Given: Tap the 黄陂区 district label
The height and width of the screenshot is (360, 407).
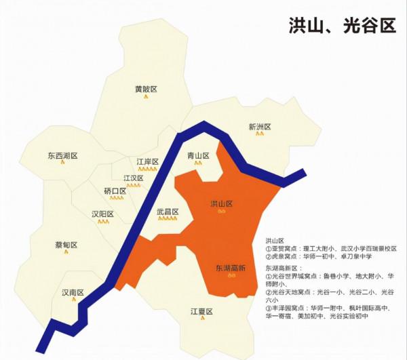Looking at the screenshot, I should click(x=146, y=89).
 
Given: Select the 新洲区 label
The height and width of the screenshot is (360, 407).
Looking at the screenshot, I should click(x=260, y=126).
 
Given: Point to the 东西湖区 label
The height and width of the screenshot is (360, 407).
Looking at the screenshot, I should click(x=62, y=156).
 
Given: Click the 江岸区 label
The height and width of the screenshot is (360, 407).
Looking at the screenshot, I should click(x=147, y=162).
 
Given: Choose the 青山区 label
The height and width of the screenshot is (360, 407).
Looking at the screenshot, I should click(x=199, y=156).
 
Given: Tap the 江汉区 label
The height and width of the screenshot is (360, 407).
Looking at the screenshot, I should click(x=134, y=178).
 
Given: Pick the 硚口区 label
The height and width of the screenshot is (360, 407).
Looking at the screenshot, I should click(x=115, y=191).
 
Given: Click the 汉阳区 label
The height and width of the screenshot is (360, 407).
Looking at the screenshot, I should click(x=102, y=214).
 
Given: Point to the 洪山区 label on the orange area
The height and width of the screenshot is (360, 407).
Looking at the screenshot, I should click(x=222, y=203).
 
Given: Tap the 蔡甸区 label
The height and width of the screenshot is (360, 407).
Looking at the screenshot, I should click(x=66, y=245).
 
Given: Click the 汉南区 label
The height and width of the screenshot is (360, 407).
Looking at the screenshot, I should click(x=73, y=293).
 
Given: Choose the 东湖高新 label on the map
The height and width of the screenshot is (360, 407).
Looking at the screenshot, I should click(x=230, y=268).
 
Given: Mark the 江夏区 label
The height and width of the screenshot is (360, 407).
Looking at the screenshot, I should click(x=201, y=311).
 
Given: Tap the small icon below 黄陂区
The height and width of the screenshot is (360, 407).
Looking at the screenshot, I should click(x=146, y=96).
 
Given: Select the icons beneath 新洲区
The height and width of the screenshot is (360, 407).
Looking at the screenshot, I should click(x=260, y=134).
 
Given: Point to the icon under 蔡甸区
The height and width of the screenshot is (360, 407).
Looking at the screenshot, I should click(x=66, y=252).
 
